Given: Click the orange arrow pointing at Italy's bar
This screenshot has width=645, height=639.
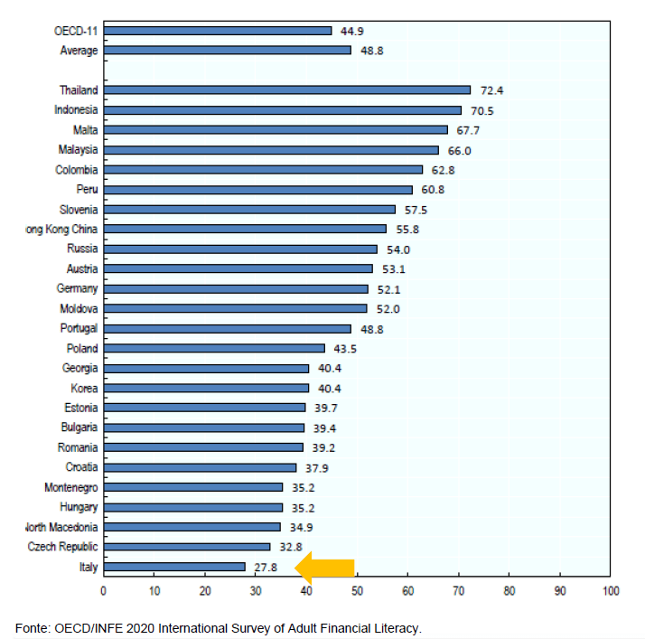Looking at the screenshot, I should (x=325, y=568).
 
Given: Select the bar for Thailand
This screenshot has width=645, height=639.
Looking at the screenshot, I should (x=286, y=90).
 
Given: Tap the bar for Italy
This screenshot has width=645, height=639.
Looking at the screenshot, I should (x=173, y=567).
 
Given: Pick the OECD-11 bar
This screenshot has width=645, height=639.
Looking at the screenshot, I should (x=217, y=31).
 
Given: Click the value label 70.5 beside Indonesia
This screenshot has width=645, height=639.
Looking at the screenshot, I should (x=481, y=111).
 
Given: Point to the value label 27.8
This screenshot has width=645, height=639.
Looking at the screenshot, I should (x=266, y=568).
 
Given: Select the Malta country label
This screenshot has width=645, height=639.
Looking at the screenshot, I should (x=85, y=130).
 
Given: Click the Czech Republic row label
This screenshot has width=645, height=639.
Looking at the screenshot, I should (x=62, y=547).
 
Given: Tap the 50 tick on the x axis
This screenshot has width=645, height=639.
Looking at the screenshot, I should (x=357, y=591).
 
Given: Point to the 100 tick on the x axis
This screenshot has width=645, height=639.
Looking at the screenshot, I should (x=611, y=591).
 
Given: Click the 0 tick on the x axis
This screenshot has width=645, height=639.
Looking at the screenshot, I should (x=103, y=591).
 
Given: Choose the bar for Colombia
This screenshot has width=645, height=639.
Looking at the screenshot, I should (x=262, y=170).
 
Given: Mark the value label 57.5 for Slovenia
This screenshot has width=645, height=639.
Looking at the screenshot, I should (x=416, y=210).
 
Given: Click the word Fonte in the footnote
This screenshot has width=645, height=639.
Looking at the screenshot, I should (x=32, y=627).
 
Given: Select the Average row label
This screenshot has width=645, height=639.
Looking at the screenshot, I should (x=79, y=51).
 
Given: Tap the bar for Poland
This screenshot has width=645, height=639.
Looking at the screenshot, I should (x=213, y=348).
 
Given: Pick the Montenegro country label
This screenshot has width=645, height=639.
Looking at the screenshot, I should (x=70, y=487).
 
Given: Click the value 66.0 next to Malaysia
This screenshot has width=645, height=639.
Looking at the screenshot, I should (x=459, y=151).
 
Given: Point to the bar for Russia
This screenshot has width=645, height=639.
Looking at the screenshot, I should (x=239, y=249).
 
